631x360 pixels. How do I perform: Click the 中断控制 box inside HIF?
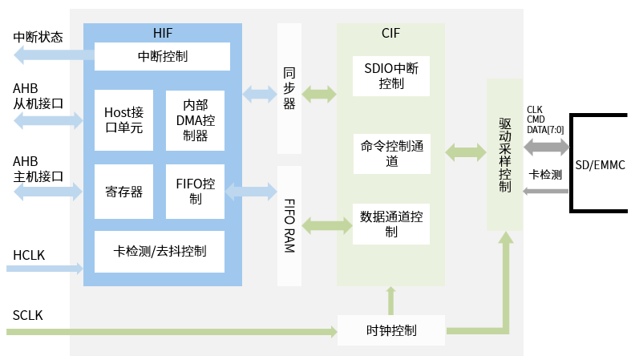point(163,56)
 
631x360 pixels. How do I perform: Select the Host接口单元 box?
point(123,119)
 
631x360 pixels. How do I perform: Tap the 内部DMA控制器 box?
point(196,119)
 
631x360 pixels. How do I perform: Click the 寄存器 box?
point(123,192)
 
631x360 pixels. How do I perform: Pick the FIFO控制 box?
point(196,192)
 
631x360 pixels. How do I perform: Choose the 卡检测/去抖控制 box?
point(163,251)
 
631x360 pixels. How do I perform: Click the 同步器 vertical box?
point(289,89)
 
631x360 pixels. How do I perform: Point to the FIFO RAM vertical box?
point(289,225)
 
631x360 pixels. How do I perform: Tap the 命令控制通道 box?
point(391,154)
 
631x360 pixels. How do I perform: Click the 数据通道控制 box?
point(391,224)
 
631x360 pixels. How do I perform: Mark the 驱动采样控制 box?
point(504,155)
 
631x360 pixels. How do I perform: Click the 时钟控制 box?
point(391,330)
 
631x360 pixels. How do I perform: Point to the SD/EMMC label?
point(601,165)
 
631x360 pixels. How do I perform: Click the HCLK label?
point(29,255)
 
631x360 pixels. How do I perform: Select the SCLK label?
point(28,316)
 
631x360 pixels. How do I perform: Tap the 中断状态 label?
point(38,37)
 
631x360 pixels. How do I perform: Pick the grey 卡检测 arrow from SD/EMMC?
point(545,191)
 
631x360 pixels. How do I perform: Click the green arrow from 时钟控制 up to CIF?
point(391,301)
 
